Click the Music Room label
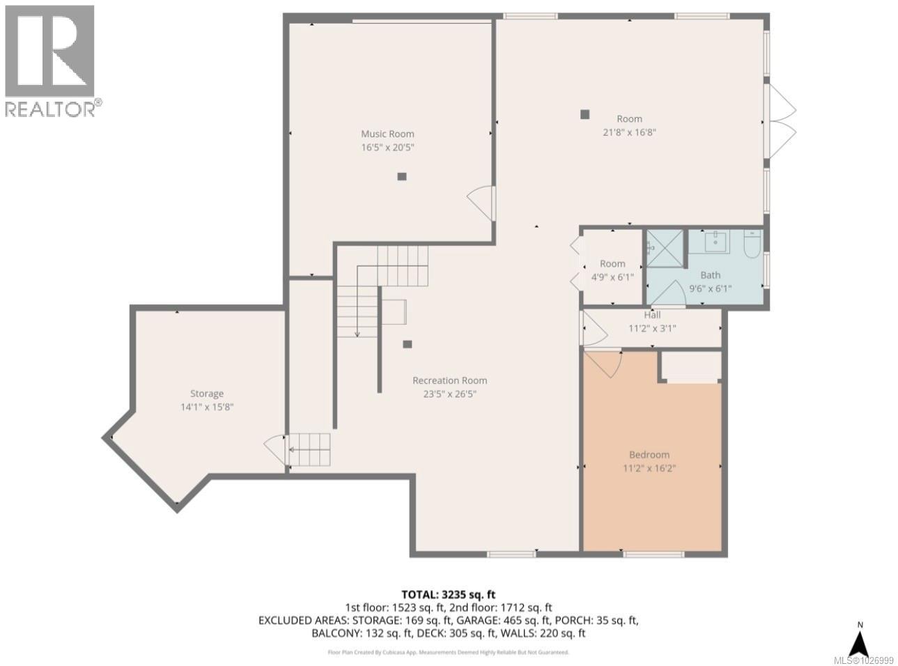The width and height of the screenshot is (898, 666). [387, 134]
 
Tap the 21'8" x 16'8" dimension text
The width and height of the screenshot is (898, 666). [629, 132]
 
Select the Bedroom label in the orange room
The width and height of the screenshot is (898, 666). [649, 455]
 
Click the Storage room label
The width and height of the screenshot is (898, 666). [207, 394]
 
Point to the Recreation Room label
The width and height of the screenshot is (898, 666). [449, 380]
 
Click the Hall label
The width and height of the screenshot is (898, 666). [652, 316]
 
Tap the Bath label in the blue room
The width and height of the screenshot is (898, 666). [711, 275]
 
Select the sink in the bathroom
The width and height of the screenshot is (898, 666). [714, 242]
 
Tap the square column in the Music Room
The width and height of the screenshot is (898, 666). [401, 177]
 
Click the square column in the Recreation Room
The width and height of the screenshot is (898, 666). [408, 343]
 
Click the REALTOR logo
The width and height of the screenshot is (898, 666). [50, 61]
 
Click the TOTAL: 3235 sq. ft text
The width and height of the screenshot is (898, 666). [449, 594]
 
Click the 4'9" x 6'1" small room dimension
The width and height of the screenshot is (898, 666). [612, 276]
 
